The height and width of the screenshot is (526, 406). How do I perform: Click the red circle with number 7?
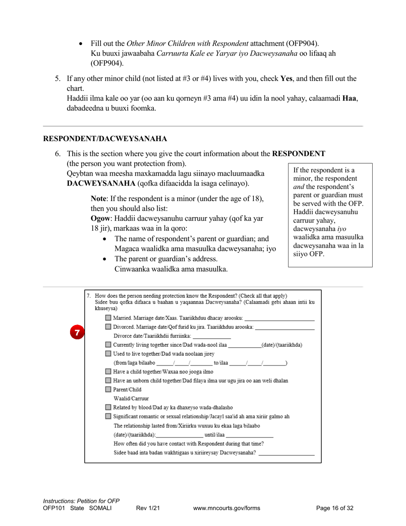[x=77, y=332]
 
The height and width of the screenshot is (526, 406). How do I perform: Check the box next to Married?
[x=108, y=318]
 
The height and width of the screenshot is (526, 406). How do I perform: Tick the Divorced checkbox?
[x=108, y=327]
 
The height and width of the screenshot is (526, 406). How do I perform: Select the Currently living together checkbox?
[x=108, y=345]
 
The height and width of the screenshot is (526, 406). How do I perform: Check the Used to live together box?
[x=108, y=354]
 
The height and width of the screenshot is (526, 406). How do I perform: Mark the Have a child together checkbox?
[x=108, y=372]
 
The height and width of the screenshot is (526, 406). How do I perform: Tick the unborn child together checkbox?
[x=108, y=381]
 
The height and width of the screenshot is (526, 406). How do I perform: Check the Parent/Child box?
[x=108, y=390]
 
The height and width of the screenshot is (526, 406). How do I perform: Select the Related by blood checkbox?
[x=108, y=408]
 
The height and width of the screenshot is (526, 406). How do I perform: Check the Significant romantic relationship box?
[x=108, y=416]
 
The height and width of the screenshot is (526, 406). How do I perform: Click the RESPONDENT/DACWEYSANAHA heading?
[x=105, y=139]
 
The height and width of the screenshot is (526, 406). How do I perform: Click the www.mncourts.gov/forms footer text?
[x=227, y=508]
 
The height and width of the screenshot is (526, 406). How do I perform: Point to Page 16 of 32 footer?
[x=335, y=508]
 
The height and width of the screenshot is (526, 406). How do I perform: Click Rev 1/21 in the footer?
[x=148, y=508]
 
